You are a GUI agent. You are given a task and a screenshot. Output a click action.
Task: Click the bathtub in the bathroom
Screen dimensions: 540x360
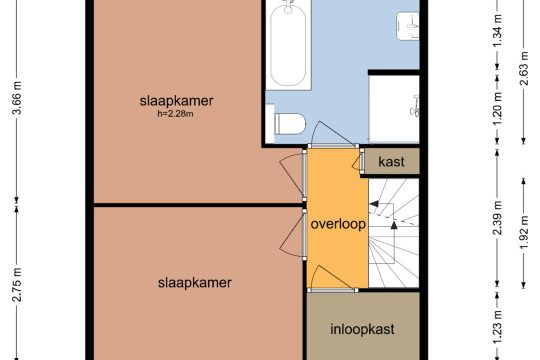point(288,45)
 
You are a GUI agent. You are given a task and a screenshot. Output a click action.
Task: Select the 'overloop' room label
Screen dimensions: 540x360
point(338,224)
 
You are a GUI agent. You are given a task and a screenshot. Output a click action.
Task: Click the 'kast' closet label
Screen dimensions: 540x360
point(391,161)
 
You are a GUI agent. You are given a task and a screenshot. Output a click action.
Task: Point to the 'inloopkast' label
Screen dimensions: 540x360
point(362,329)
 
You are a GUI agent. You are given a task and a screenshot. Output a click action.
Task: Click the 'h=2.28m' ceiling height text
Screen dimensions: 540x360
point(175,114)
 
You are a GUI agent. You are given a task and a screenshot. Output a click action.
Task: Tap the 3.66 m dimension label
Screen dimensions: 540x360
point(17,97)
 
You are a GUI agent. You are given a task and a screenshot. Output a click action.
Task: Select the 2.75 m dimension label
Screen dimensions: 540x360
point(17,285)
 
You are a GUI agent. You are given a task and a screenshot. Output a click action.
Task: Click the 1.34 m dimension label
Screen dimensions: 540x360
point(497,30)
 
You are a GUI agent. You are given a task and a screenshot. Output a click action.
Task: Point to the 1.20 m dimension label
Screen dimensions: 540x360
point(497,109)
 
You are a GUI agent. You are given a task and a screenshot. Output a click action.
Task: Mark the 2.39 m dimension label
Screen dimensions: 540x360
point(497,218)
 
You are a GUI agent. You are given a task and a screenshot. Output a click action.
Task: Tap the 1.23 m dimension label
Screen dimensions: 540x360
point(497,327)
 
